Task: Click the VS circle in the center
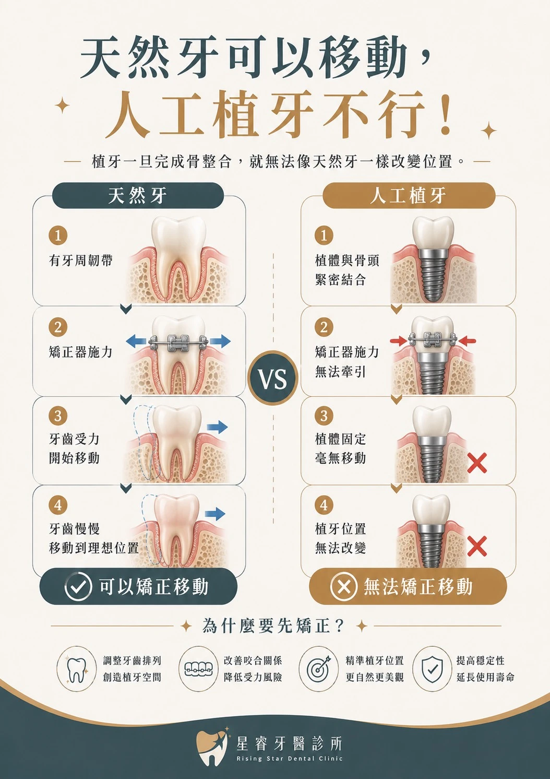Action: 273,378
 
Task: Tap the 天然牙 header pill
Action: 138,195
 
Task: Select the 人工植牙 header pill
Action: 409,195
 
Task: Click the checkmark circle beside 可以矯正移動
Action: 78,587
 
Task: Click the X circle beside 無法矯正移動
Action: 344,587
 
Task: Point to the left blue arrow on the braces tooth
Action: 136,341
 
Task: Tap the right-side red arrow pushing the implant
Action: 467,341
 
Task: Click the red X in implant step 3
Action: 476,463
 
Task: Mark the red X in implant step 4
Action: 476,546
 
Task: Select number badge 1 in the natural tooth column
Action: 58,235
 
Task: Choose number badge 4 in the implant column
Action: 324,504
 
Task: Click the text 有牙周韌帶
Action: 81,260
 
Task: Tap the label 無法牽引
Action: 340,372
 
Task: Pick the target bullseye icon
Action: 318,669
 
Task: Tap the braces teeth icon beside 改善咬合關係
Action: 198,668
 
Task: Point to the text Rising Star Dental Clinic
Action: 289,759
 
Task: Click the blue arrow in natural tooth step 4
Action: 215,514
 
